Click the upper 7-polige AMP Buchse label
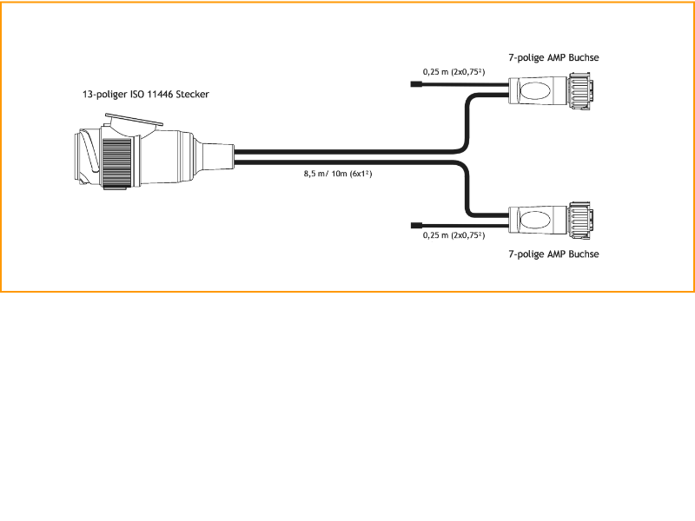(x=553, y=58)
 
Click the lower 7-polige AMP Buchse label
(x=553, y=254)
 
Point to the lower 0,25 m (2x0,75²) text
(x=453, y=235)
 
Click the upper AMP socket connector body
(x=539, y=91)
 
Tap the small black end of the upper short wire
(x=416, y=85)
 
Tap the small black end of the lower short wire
(x=416, y=224)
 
